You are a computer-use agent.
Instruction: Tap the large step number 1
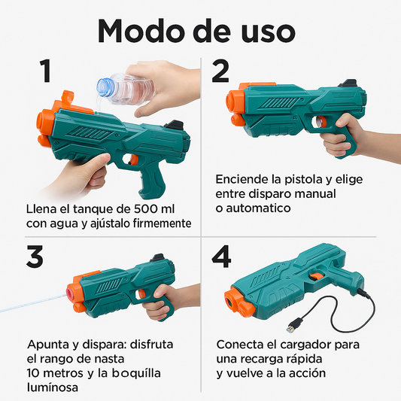(x=45, y=71)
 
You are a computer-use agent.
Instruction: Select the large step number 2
(x=220, y=71)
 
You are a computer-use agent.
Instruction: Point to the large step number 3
(x=35, y=257)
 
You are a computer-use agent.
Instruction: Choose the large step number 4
(x=221, y=257)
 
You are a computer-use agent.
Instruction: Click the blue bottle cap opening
(x=104, y=87)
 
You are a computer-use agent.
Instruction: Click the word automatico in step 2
(x=258, y=208)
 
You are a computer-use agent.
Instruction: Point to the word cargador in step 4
(x=305, y=345)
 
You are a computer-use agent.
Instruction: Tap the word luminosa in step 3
(x=53, y=387)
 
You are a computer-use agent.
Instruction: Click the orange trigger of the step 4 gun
(x=316, y=276)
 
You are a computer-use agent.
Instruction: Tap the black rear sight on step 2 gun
(x=348, y=84)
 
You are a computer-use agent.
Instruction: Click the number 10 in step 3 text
(x=33, y=373)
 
